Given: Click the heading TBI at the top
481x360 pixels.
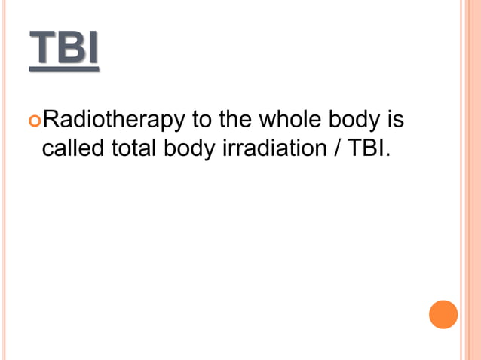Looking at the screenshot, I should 64,50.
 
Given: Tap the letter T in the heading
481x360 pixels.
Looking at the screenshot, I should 42,50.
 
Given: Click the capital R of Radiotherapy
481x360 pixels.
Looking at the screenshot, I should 51,120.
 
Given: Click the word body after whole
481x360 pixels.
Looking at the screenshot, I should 355,121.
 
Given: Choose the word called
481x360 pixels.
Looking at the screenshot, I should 72,148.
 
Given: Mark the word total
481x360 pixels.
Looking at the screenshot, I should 133,148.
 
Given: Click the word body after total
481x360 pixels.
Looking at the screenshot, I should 189,149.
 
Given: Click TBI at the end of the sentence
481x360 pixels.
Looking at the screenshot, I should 366,148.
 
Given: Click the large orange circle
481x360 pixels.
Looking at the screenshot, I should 443,314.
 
